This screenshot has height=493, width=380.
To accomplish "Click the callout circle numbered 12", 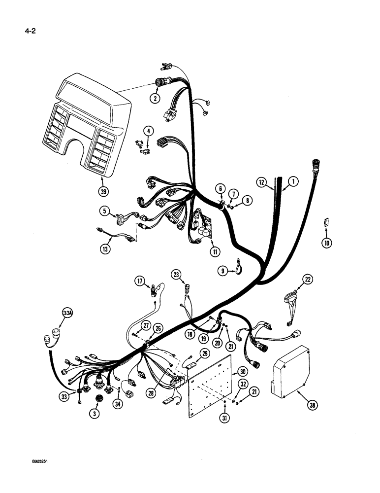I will tap(261, 182).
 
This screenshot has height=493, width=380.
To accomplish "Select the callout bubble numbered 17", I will tap(141, 281).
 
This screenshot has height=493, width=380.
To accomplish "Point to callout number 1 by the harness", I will tap(292, 182).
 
